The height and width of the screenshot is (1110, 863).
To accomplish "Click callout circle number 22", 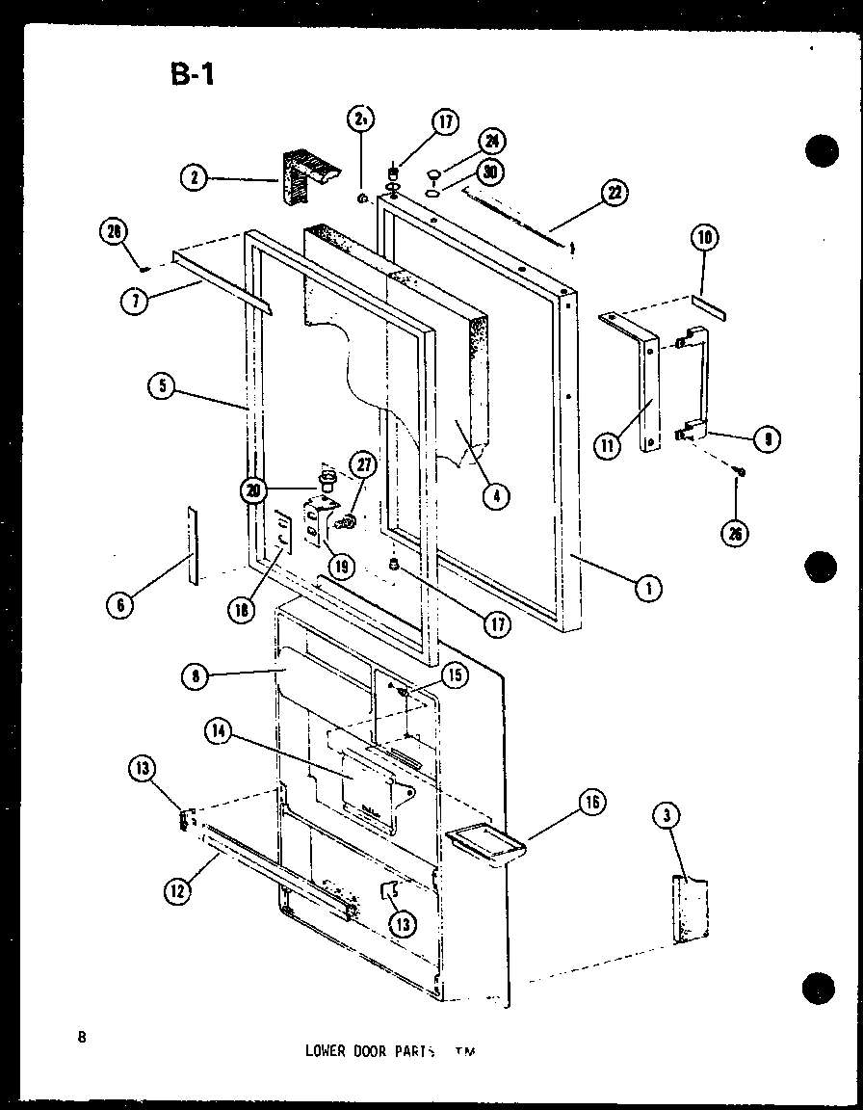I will pos(614,193).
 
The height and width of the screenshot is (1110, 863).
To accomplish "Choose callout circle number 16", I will pos(592,802).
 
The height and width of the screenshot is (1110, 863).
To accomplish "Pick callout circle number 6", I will pos(121,605).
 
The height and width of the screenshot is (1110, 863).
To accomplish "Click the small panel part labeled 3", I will pos(692,909).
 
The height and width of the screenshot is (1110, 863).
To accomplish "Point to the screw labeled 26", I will pos(740,470).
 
